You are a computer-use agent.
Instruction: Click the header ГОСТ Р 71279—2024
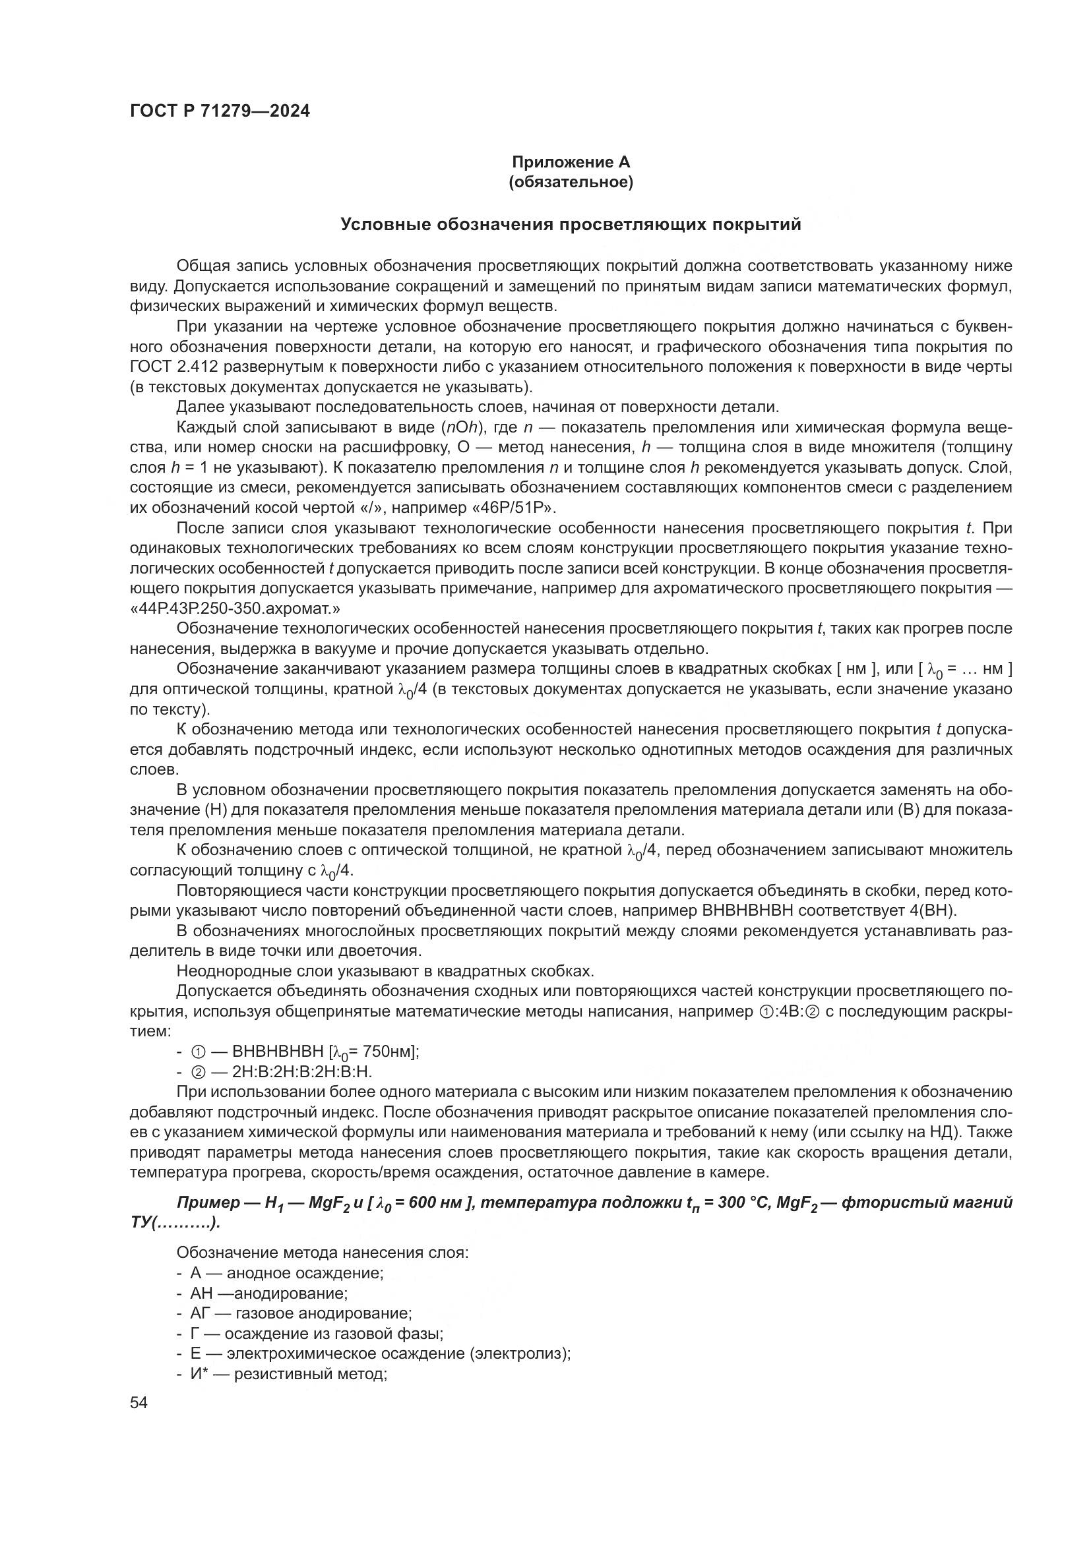click(x=220, y=111)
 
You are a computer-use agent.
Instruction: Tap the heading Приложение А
click(x=571, y=162)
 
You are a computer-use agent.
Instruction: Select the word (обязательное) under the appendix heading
click(x=571, y=182)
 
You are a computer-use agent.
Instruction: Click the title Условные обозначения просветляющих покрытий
click(x=571, y=224)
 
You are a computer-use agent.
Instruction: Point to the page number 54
click(x=139, y=1403)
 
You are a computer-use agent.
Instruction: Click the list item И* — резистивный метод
click(x=289, y=1373)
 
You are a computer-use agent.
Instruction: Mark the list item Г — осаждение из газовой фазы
click(x=317, y=1333)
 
